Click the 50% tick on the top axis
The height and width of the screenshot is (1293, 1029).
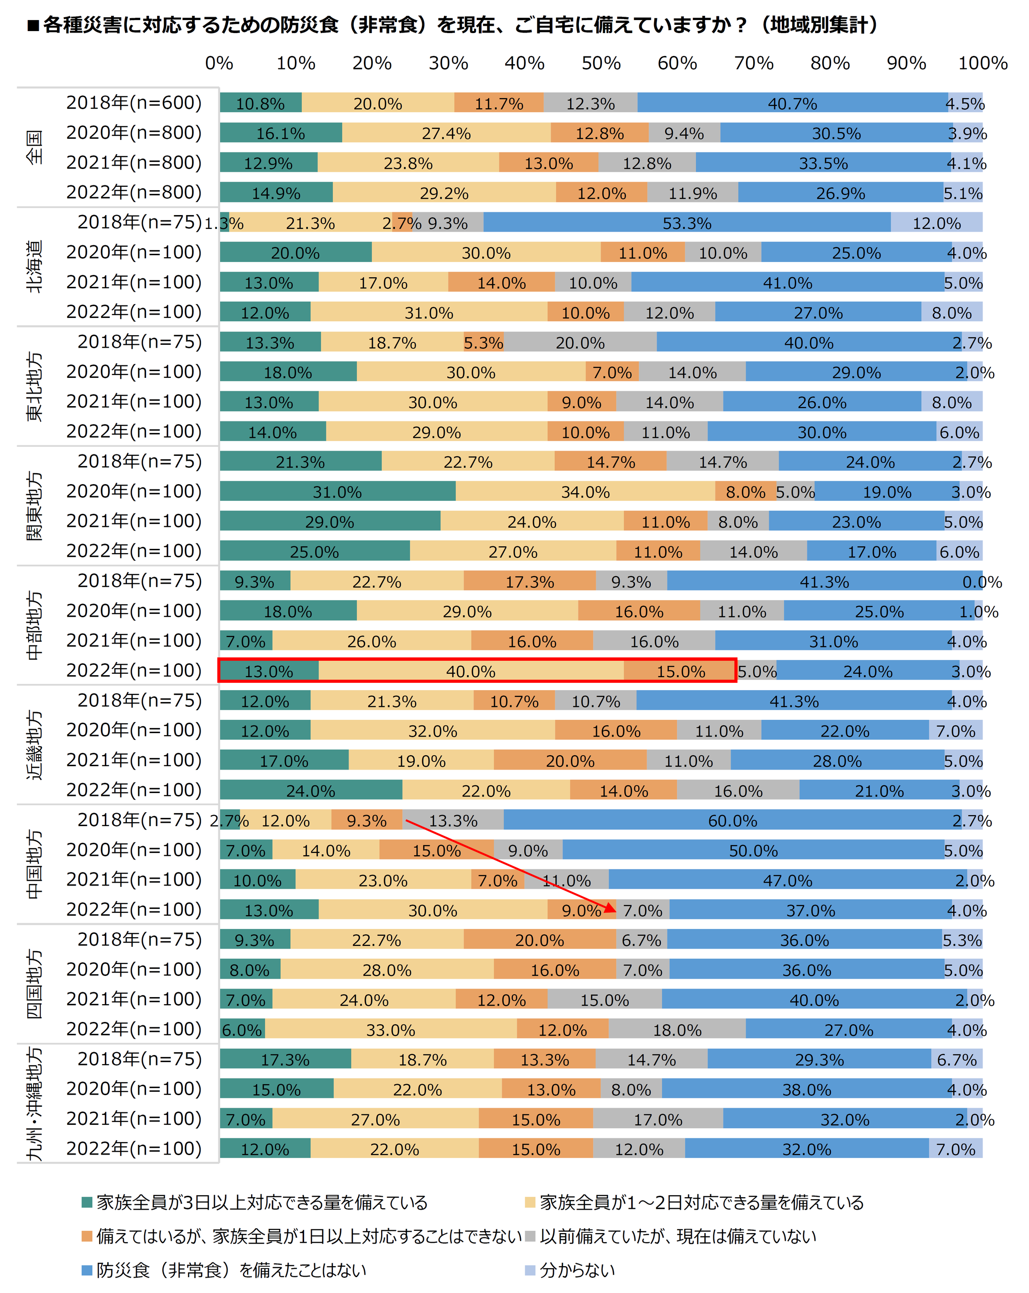[x=601, y=63]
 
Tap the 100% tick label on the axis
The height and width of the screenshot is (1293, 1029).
[x=982, y=63]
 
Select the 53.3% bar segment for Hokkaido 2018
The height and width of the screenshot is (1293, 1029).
[x=687, y=223]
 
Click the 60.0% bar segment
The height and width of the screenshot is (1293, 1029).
[x=732, y=820]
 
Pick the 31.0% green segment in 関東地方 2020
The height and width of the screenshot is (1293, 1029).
[x=337, y=491]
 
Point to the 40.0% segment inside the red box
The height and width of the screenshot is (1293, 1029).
[x=471, y=670]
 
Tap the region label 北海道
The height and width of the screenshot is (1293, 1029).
[x=35, y=266]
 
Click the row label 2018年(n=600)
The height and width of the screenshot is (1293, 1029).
[x=134, y=102]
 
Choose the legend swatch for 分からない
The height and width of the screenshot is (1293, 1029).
[x=530, y=1270]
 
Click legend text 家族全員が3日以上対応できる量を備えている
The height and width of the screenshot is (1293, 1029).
[x=262, y=1202]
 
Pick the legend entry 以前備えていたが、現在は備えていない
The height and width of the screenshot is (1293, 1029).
[x=678, y=1236]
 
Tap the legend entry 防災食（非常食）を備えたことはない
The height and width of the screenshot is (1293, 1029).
[x=231, y=1270]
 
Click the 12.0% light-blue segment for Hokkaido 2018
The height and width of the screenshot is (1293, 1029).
[x=936, y=223]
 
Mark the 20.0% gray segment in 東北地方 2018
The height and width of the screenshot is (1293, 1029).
[x=580, y=342]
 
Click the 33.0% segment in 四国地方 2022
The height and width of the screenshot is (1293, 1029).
[x=390, y=1029]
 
